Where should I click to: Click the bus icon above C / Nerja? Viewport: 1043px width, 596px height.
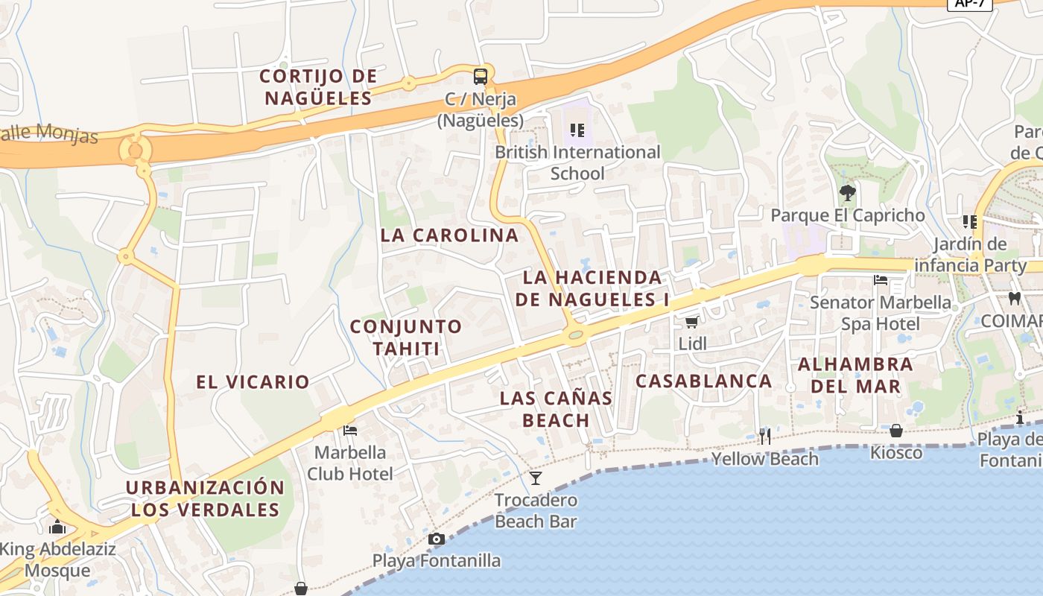tap(481, 76)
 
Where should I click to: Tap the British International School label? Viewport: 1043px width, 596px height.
tap(577, 162)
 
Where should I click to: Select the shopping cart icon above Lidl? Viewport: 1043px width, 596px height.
tap(691, 322)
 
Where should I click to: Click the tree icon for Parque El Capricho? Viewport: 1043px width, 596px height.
tap(847, 193)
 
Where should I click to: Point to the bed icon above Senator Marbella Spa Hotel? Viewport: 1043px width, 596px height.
tap(881, 281)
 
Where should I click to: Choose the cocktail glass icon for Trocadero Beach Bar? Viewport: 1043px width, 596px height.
tap(536, 478)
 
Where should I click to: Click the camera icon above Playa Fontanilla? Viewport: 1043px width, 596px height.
tap(437, 539)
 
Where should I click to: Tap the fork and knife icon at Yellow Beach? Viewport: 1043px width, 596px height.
tap(765, 436)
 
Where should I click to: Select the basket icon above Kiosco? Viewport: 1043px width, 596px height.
tap(896, 431)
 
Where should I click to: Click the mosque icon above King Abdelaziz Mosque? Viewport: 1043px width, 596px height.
tap(57, 527)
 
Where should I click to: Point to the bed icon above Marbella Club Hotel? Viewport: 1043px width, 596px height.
tap(349, 431)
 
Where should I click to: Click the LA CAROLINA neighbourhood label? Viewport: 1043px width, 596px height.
tap(449, 235)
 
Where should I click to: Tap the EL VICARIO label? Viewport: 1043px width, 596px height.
tap(253, 382)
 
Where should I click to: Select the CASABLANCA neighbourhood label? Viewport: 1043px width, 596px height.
tap(703, 381)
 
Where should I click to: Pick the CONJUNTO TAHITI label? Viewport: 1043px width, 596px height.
tap(406, 337)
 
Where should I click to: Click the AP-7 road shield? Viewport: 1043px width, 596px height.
tap(969, 4)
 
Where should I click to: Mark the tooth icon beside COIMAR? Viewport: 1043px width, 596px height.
tap(1013, 299)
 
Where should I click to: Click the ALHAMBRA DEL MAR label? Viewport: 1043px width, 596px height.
tap(855, 375)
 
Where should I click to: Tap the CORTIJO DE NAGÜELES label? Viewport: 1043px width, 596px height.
tap(318, 86)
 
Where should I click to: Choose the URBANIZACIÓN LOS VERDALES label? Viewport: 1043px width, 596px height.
tap(205, 499)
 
